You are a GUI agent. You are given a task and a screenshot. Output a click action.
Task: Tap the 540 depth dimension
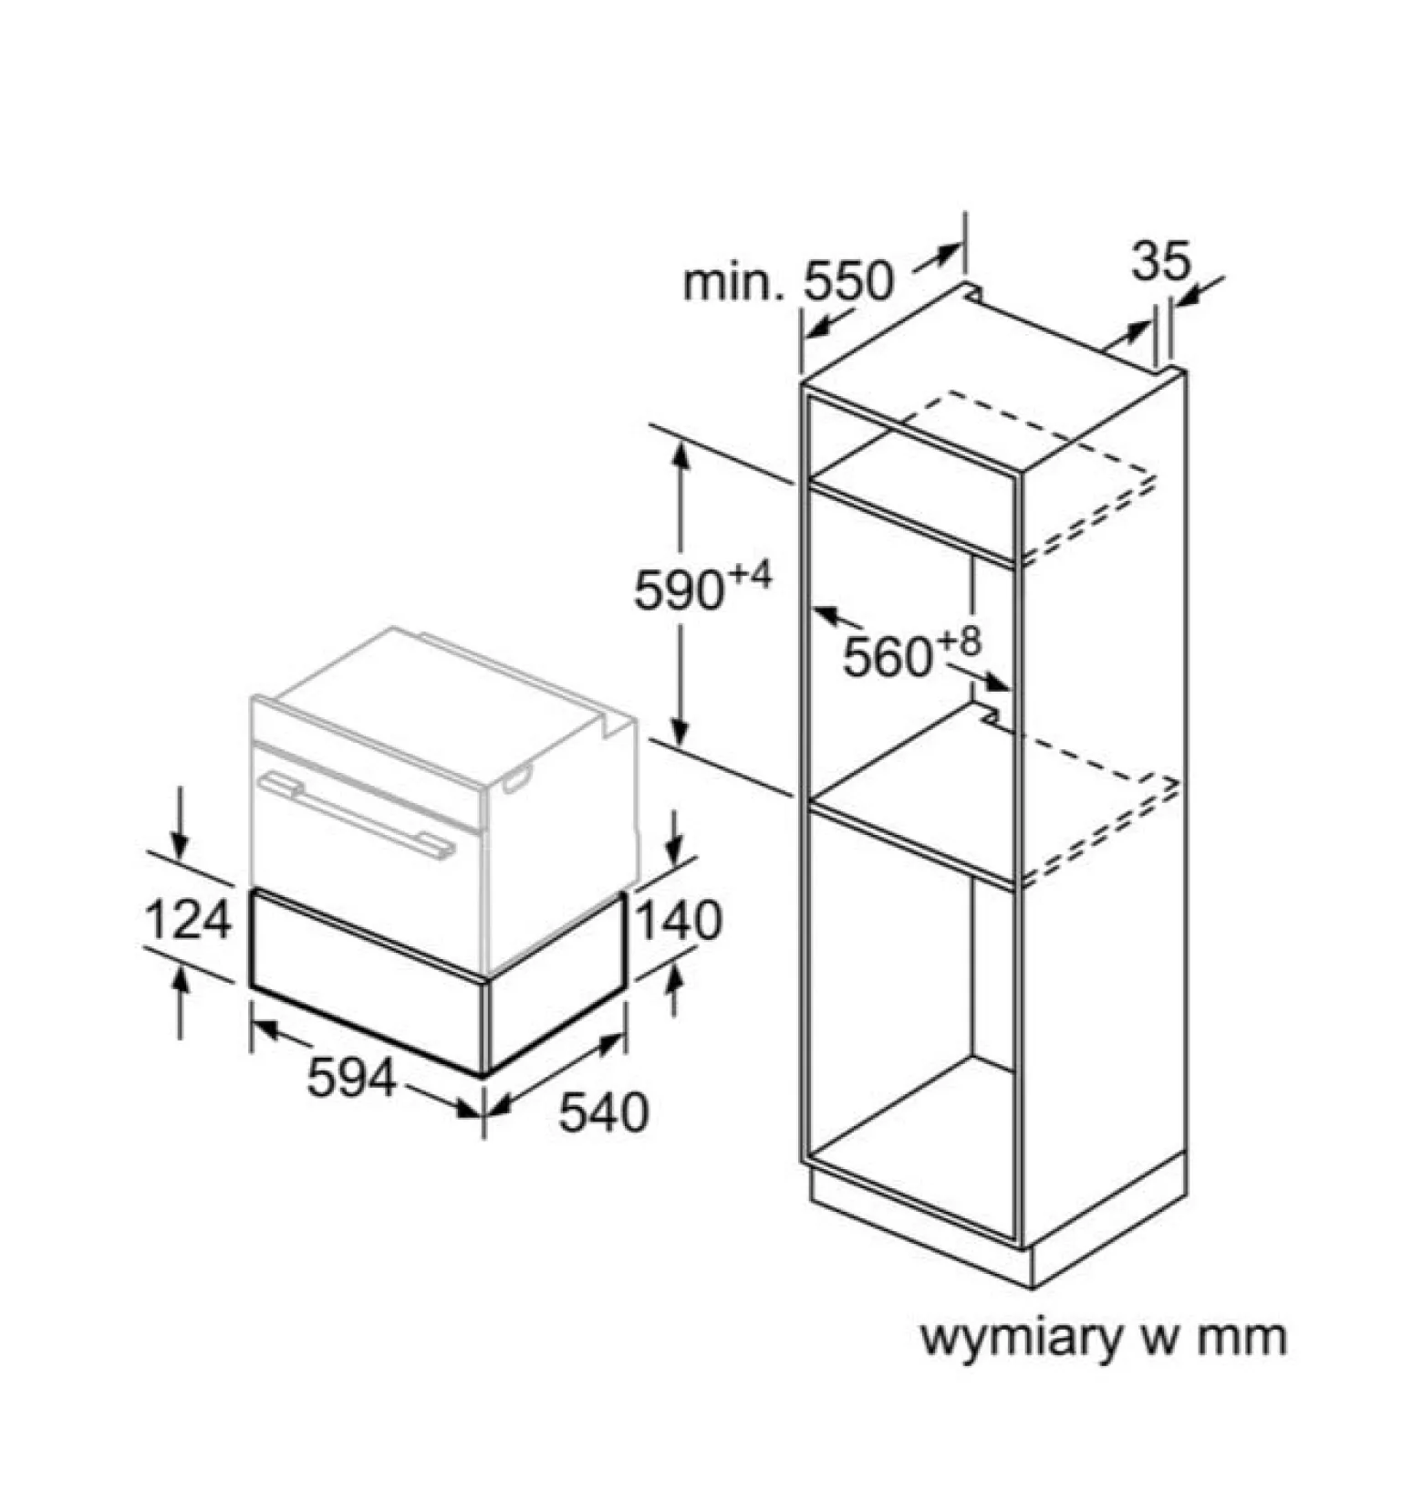[x=603, y=1112]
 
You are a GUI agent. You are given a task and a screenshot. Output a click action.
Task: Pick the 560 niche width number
[x=888, y=656]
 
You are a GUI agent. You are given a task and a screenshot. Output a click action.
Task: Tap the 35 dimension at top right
[x=1161, y=261]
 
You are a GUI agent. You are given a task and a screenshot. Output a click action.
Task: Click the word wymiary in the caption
[x=1022, y=1338]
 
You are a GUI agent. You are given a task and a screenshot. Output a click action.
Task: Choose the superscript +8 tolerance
[x=960, y=642]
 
